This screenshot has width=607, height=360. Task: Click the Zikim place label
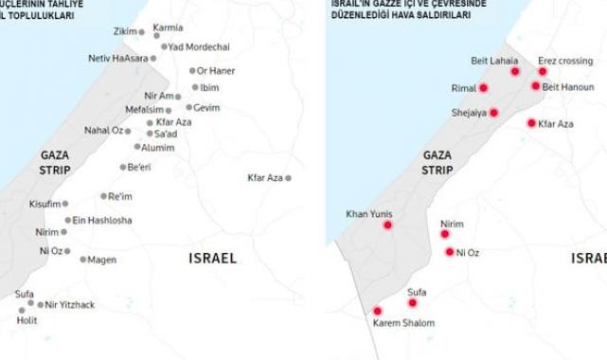[124, 31]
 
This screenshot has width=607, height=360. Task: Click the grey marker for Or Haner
[192, 70]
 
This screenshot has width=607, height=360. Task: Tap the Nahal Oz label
[104, 130]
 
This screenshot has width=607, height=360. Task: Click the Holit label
[26, 320]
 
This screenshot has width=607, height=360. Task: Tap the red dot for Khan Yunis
[387, 225]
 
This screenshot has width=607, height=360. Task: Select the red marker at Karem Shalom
[377, 311]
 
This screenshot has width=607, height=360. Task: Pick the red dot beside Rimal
[483, 88]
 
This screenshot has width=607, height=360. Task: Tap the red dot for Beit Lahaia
[515, 71]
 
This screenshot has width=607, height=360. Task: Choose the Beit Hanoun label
[570, 86]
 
